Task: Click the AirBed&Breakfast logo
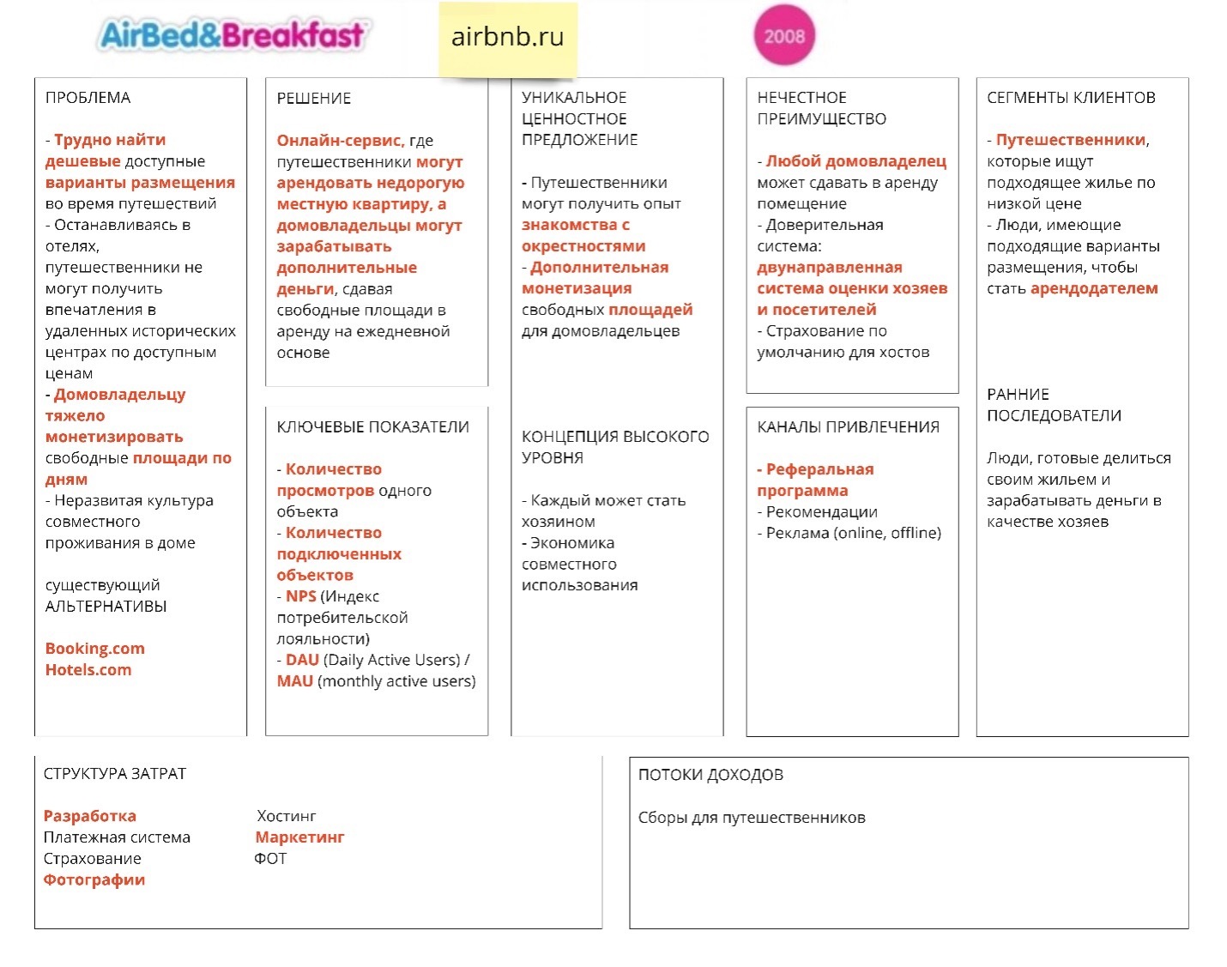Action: coord(232,34)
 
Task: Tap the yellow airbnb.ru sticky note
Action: coord(507,39)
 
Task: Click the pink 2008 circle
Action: coord(784,35)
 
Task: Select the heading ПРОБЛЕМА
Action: coord(88,98)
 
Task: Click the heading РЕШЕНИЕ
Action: coord(313,98)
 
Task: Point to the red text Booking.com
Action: coord(94,649)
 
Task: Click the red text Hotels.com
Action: coord(88,669)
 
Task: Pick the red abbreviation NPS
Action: coord(300,595)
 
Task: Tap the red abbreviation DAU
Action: coord(302,660)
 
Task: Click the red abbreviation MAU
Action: coord(295,680)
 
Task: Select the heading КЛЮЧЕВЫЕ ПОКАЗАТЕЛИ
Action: coord(373,426)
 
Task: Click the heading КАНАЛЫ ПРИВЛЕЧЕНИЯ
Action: coord(848,426)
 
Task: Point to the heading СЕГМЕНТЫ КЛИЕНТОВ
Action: coord(1071,98)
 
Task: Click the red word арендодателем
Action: coord(1094,288)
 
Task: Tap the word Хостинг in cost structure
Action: coord(287,816)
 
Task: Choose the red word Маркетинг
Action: coord(300,837)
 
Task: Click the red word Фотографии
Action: coord(94,879)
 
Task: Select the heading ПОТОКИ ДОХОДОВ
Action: coord(710,774)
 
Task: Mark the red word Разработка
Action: coord(90,816)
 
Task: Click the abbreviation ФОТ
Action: coord(270,858)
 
